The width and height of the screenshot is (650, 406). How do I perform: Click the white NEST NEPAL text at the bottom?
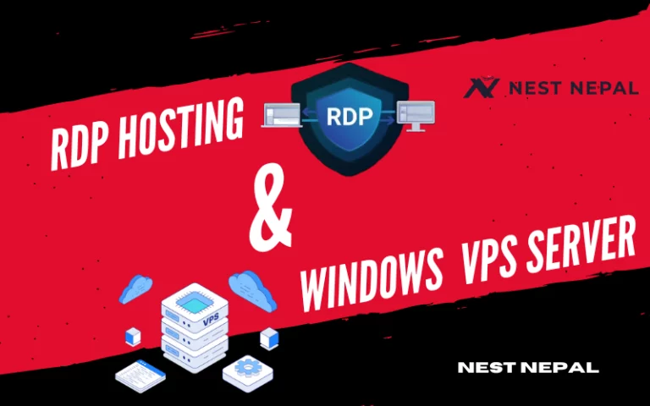point(527,368)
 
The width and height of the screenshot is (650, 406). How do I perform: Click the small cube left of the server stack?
point(132,337)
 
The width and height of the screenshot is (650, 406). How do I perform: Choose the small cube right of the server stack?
point(270,337)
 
